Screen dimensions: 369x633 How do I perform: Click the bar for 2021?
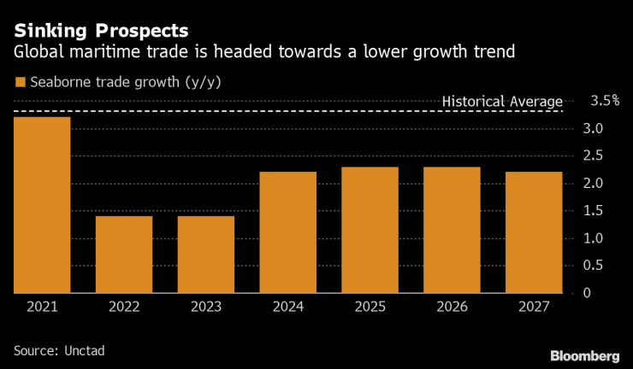tap(42, 205)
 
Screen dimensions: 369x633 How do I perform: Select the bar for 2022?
tap(124, 255)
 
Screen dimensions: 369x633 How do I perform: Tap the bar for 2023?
tap(206, 255)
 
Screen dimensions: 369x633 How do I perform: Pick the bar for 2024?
tap(288, 232)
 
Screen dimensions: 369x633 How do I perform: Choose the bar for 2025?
tap(370, 230)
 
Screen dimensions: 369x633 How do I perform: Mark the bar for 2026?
tap(453, 230)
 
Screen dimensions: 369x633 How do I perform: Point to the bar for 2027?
tap(535, 232)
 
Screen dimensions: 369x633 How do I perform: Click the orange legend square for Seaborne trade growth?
tap(20, 83)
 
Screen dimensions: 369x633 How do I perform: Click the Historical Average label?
tap(502, 102)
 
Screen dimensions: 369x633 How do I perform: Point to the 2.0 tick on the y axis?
tap(594, 184)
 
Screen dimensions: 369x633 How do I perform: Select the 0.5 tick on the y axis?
tap(594, 266)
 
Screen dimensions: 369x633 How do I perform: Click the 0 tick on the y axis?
tap(587, 293)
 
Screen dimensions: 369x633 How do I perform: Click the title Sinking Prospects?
tap(101, 30)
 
